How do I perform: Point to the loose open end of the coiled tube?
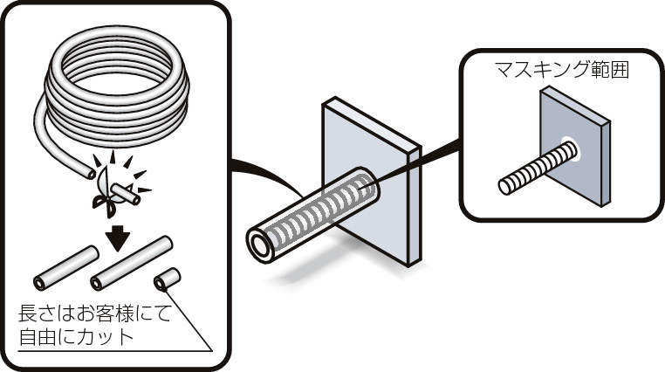point(91,174)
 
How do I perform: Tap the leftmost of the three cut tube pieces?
point(65,268)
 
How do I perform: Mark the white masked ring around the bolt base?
point(568,148)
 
